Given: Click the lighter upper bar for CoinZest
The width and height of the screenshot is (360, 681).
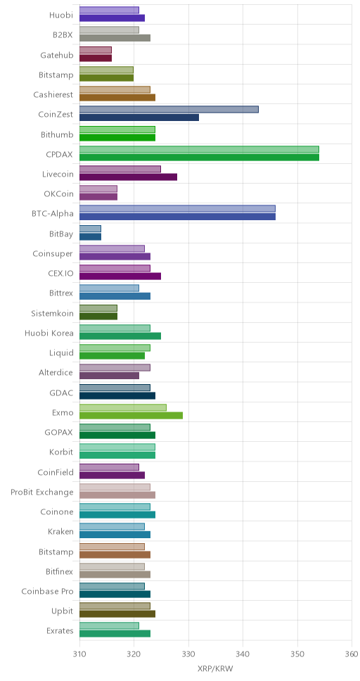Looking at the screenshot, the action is [x=169, y=110].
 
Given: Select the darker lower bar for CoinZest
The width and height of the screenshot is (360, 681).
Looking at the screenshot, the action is [x=139, y=117].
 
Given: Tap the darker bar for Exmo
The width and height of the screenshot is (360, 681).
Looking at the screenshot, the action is [x=131, y=416].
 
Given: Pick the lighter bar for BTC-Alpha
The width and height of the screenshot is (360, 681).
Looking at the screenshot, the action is [x=177, y=209].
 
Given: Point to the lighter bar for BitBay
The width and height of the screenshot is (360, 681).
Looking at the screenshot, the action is [x=90, y=229].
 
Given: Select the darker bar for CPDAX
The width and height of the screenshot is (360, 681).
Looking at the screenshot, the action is [x=199, y=157].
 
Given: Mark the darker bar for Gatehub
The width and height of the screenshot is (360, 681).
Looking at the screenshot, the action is [x=96, y=58].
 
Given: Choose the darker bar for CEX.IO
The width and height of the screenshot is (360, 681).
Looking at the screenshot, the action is [x=120, y=276].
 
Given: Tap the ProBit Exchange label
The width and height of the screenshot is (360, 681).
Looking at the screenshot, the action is [x=42, y=492].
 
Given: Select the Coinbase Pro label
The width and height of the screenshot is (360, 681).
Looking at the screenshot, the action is [x=48, y=592].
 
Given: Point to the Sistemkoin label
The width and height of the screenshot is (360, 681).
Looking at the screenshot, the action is [x=53, y=314].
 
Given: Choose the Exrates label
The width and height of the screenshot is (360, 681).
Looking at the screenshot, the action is [x=60, y=631].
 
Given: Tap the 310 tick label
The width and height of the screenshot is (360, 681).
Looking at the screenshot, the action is [x=79, y=654].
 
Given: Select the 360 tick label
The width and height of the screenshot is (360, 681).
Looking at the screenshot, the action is [x=352, y=654].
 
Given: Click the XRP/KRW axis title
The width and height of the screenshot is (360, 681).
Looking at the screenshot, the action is [x=216, y=668].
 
